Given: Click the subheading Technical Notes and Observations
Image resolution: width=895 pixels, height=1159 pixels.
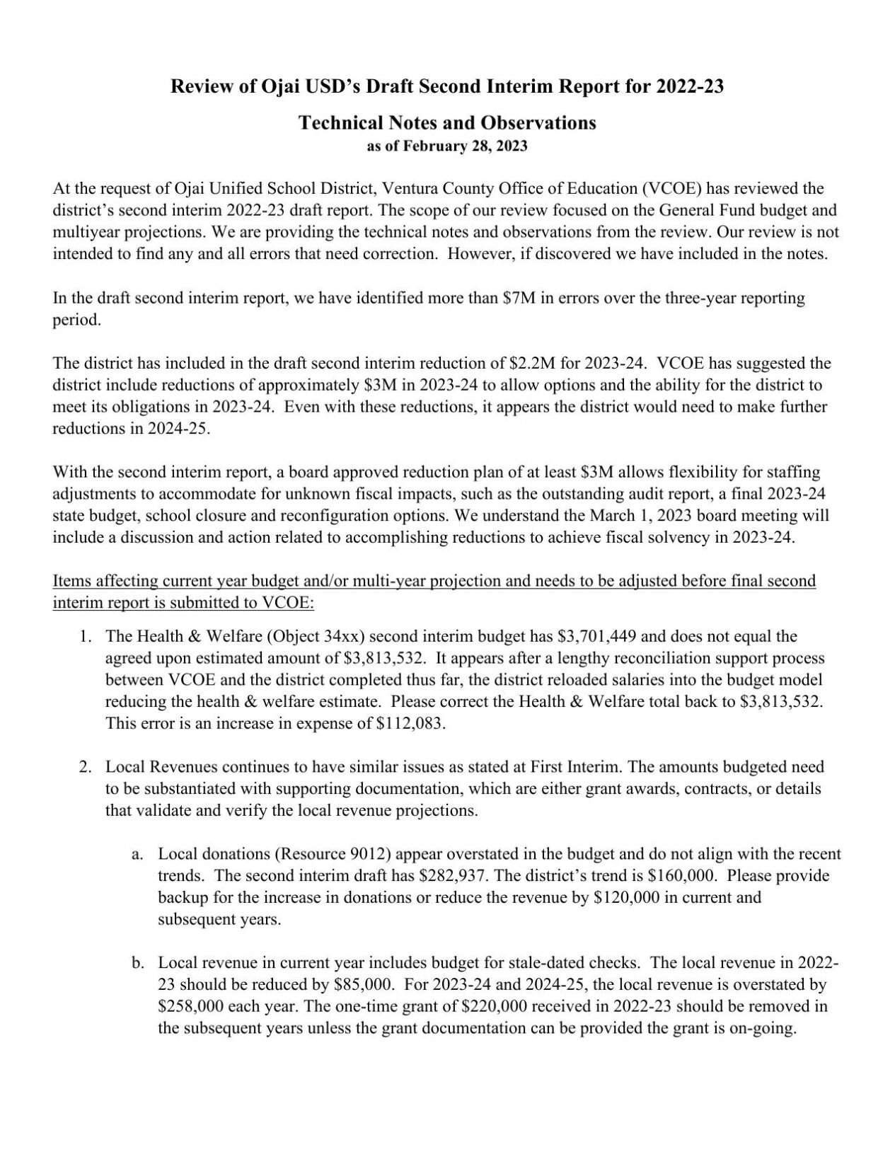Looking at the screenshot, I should coord(447,122).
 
